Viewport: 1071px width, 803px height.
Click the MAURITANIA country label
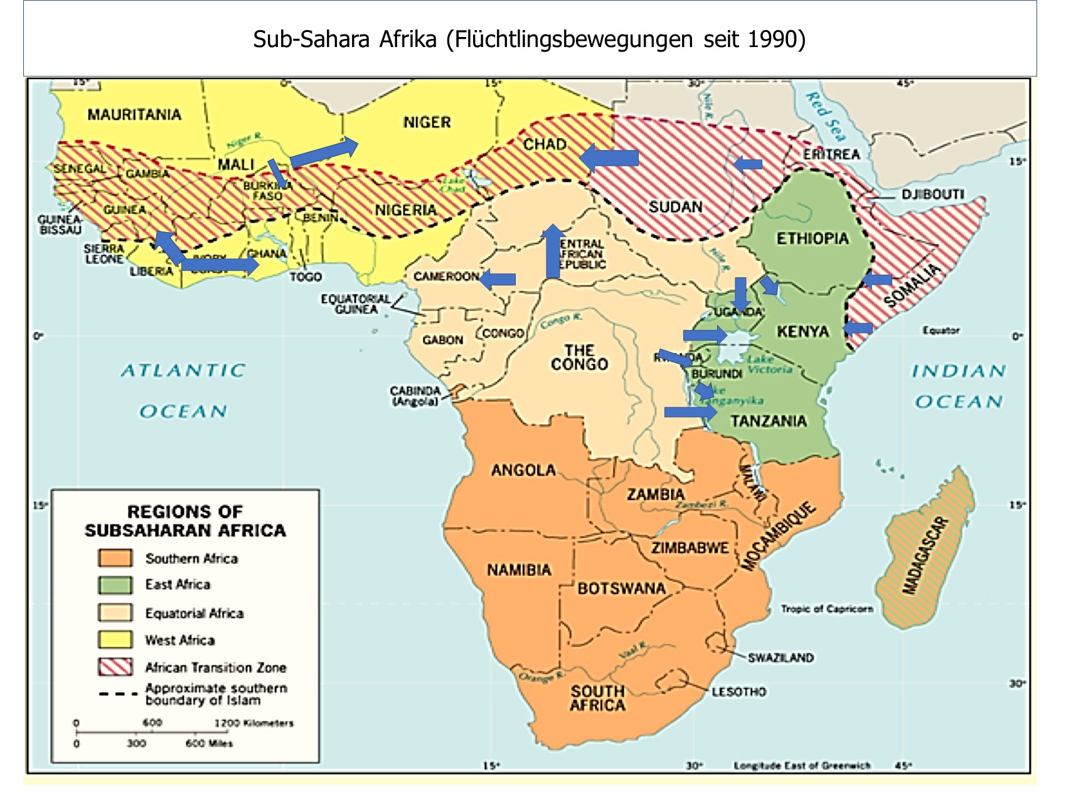(134, 115)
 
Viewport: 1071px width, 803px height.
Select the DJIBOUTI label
(932, 194)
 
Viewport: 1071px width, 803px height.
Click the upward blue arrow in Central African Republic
(553, 251)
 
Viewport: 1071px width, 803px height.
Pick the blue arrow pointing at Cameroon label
(498, 279)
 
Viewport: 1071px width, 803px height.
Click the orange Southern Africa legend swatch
(115, 558)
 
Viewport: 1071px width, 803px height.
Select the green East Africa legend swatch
(115, 585)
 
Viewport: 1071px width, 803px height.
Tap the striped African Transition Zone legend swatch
(115, 666)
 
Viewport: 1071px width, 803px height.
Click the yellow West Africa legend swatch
(115, 639)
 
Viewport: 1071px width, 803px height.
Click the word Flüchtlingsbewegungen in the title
(575, 40)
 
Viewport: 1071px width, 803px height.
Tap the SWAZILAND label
(781, 657)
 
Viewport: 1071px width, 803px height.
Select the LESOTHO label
(738, 691)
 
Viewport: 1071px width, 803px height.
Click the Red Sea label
(826, 116)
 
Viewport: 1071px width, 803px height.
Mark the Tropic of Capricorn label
(826, 609)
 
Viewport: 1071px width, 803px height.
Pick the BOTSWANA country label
(621, 588)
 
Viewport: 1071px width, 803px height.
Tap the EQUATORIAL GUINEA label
(356, 304)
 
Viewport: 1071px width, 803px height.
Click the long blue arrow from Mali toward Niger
(324, 152)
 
